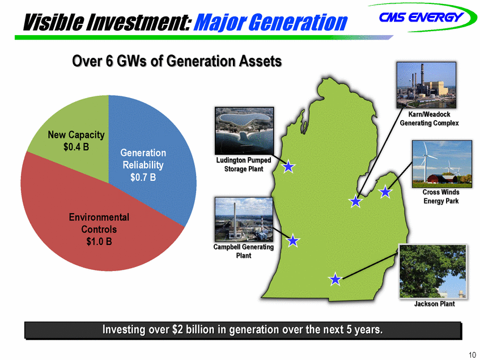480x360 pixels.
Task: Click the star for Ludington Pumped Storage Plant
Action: pos(288,167)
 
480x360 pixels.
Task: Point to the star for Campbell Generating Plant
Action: pos(292,240)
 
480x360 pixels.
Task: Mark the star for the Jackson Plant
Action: pos(335,279)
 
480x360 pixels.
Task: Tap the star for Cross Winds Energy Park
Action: pos(385,192)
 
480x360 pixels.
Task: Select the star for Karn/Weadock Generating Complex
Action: pos(355,201)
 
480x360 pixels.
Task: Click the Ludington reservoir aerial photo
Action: pos(244,131)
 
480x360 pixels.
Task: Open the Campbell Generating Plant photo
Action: pos(244,219)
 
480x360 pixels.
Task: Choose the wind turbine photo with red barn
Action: pos(442,164)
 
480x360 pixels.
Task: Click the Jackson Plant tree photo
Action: pos(432,271)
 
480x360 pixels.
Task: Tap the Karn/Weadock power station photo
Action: pos(426,85)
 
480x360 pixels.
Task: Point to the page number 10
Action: pos(472,355)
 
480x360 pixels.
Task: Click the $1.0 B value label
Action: pos(99,242)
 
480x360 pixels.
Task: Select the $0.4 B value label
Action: pos(77,147)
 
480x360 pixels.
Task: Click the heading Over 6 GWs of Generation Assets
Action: pos(177,61)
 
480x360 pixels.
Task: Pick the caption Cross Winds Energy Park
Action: pos(441,197)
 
